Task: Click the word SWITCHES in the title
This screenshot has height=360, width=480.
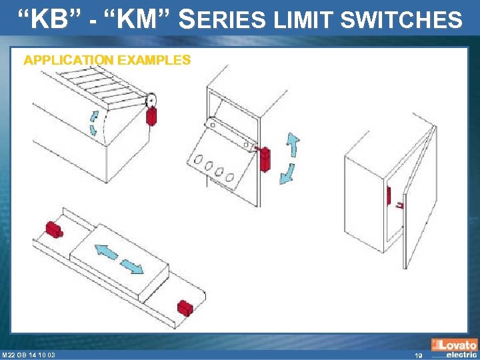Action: click(x=401, y=20)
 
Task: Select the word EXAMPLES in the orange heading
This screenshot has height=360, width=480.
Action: click(x=154, y=60)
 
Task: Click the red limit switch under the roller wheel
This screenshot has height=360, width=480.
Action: click(x=151, y=116)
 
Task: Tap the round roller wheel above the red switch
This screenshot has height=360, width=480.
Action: click(x=152, y=100)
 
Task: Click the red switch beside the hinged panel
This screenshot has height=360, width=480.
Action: click(x=265, y=159)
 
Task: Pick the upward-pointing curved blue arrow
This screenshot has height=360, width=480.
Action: click(x=292, y=144)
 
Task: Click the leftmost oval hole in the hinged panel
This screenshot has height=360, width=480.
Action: click(x=198, y=159)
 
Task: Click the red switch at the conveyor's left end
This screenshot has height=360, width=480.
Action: click(x=53, y=229)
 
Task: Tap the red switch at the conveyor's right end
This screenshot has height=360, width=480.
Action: click(x=185, y=309)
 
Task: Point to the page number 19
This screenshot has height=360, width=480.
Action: click(x=418, y=355)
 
